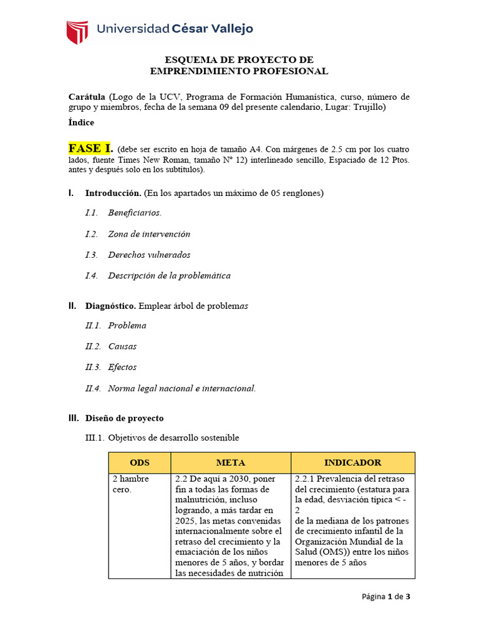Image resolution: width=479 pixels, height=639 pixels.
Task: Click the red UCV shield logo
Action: coord(77,32)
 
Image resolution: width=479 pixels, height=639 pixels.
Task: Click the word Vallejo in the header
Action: coord(228,29)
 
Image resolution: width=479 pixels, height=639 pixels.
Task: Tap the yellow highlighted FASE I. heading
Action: coord(90,149)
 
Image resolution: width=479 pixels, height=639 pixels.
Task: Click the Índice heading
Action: coord(81,123)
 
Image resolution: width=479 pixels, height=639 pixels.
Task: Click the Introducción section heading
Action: coord(114,193)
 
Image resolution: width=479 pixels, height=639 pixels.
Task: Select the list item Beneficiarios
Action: coord(134,213)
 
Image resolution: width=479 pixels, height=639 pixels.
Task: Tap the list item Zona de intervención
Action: coord(149,234)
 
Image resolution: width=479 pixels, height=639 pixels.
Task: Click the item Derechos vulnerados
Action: coord(149,255)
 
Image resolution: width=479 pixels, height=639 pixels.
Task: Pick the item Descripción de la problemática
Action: coord(169,275)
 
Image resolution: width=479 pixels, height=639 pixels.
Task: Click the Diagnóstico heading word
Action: coord(110,306)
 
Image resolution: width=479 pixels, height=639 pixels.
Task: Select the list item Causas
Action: coord(122,346)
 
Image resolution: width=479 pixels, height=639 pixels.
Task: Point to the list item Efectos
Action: coord(122,367)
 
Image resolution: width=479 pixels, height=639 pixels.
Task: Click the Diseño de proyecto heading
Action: coord(124,418)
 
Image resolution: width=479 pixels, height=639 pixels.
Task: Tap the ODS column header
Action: coord(140,462)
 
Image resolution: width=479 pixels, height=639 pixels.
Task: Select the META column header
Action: coord(231,462)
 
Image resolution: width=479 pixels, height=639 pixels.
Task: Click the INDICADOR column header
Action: coord(352,462)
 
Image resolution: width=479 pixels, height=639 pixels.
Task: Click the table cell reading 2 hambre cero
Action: coord(130,484)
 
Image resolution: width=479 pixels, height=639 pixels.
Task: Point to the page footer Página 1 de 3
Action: coord(386,597)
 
